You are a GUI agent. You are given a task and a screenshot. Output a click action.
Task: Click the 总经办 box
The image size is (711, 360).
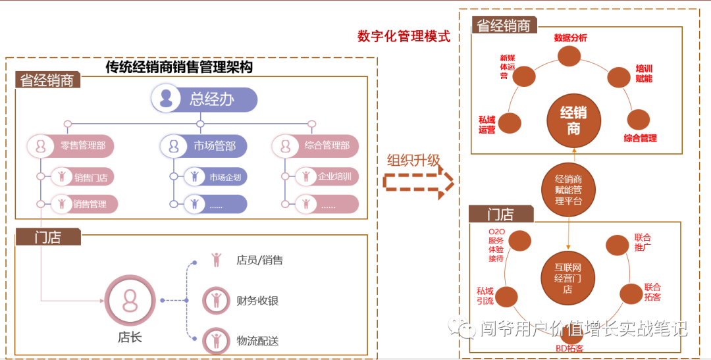[x=204, y=99]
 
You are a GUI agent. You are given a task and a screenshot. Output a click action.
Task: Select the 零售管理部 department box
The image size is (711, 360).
[x=70, y=145]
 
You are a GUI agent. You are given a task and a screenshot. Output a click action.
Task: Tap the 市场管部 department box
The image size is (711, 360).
[x=204, y=145]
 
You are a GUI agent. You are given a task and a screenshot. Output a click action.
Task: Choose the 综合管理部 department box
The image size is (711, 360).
[x=315, y=145]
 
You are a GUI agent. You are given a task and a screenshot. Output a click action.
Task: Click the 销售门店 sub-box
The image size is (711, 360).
[x=78, y=176]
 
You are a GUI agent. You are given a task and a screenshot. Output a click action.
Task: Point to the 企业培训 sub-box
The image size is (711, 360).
[x=327, y=176]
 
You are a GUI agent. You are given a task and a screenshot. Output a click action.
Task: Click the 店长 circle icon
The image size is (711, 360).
[x=130, y=301]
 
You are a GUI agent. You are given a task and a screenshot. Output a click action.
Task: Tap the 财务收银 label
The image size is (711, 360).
[x=257, y=301]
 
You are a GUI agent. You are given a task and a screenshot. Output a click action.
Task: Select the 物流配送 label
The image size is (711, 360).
[x=257, y=340]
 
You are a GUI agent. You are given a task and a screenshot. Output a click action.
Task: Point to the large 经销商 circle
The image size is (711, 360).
[x=573, y=121]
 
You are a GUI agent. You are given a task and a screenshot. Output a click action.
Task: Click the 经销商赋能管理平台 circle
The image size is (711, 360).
[x=568, y=190]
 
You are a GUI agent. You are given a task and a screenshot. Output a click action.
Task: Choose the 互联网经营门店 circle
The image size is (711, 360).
[x=567, y=278]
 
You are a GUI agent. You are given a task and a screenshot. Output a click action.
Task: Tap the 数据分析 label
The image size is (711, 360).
[x=570, y=38]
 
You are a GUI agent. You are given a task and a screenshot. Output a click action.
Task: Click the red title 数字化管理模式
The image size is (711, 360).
[x=404, y=36]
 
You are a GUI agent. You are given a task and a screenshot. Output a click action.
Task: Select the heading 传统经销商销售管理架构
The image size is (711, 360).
[x=179, y=67]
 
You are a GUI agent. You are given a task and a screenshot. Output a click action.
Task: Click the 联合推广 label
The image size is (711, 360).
[x=643, y=243]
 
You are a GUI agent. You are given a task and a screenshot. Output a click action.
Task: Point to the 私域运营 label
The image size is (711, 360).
[x=487, y=124]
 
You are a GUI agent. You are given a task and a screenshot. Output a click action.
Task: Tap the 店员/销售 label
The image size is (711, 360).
[x=259, y=260]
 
